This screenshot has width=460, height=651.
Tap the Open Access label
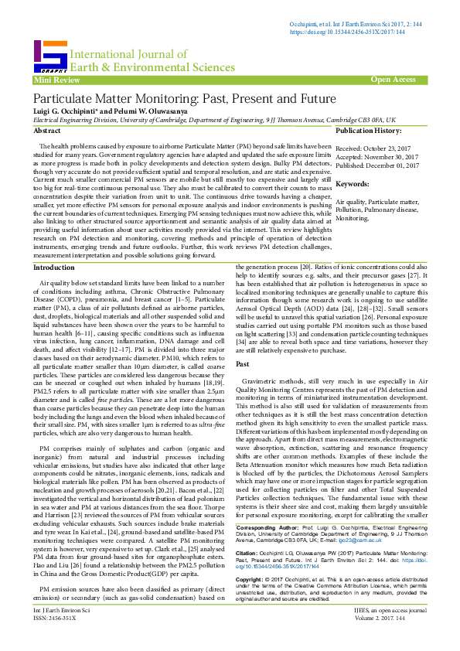pos(393,80)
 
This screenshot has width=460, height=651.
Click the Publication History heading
pos(374,132)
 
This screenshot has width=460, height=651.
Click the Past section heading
pos(242,363)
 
